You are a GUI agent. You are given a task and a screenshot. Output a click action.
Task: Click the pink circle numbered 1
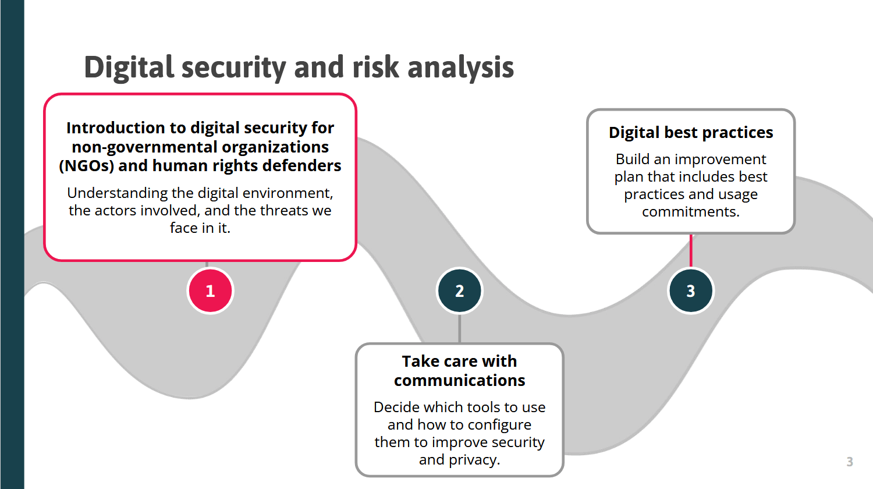tap(211, 291)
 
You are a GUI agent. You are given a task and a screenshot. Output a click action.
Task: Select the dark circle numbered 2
tap(460, 291)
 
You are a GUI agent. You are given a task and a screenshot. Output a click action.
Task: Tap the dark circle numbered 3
tap(691, 291)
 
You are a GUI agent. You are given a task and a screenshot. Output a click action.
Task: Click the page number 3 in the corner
tap(850, 462)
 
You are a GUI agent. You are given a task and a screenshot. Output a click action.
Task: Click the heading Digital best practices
tap(691, 133)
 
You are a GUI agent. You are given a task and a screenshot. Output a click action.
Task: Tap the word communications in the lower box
tap(460, 380)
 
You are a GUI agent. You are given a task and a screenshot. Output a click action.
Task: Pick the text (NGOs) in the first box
tap(87, 166)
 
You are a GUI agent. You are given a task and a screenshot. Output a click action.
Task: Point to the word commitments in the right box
tap(691, 212)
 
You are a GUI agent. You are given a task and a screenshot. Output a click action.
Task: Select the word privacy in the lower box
tap(474, 460)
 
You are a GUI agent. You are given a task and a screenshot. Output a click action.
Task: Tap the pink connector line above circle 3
tap(691, 251)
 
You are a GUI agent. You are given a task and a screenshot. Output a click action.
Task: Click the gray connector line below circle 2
tap(460, 329)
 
